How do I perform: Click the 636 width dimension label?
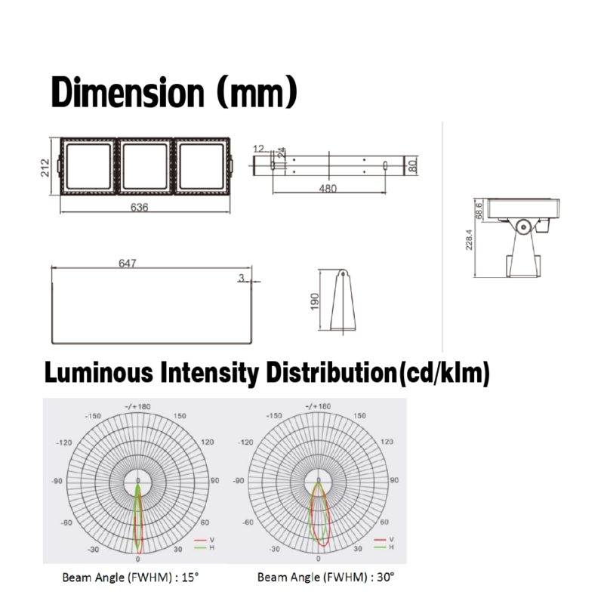coord(139,207)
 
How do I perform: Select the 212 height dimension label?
coord(45,168)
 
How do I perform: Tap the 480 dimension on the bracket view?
coord(328,188)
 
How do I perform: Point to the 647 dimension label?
coord(128,263)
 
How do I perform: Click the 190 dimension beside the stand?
coord(315,301)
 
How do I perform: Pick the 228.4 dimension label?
coord(469,239)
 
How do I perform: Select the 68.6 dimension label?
coord(479,211)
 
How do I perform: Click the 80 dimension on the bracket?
coord(412,165)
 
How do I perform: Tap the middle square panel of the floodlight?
coord(145,166)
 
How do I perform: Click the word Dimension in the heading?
coord(128,92)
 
